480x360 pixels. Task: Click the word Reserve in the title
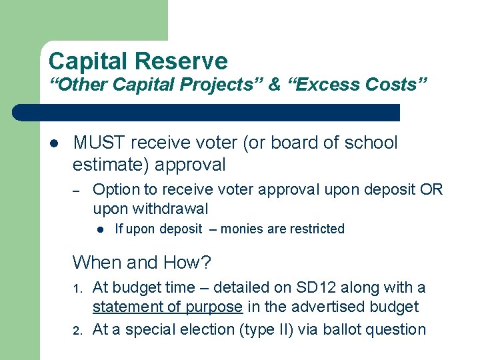pyautogui.click(x=181, y=62)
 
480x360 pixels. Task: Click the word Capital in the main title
pyautogui.click(x=88, y=62)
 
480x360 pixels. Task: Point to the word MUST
pyautogui.click(x=99, y=143)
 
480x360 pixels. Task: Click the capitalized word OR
pyautogui.click(x=431, y=189)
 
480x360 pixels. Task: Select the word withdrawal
pyautogui.click(x=173, y=209)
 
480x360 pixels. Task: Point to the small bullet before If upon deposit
pyautogui.click(x=99, y=229)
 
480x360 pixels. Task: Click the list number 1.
pyautogui.click(x=78, y=289)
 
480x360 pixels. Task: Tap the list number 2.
pyautogui.click(x=78, y=330)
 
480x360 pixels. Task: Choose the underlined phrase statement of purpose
pyautogui.click(x=167, y=307)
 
